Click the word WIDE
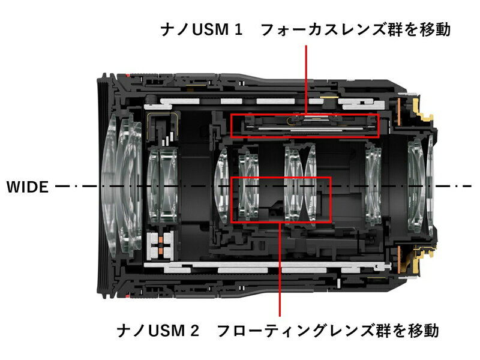point(27,187)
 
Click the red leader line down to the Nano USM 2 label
point(280,270)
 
